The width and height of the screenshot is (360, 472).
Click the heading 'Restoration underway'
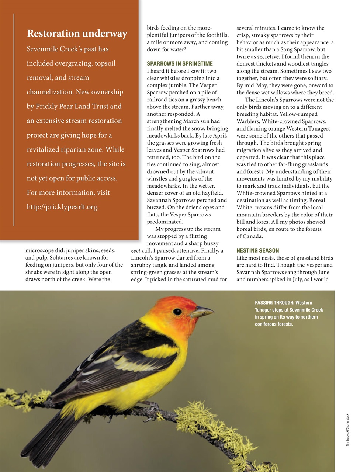77,34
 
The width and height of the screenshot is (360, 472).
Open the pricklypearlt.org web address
62,207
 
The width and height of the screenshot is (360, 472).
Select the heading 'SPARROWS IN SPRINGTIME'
180,63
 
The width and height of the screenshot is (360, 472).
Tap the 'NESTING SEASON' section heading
257,250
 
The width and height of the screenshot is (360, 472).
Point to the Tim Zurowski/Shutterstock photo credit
347,430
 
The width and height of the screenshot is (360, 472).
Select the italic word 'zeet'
136,251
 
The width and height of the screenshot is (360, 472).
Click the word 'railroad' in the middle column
157,100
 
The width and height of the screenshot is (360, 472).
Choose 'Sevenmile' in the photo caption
299,310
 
